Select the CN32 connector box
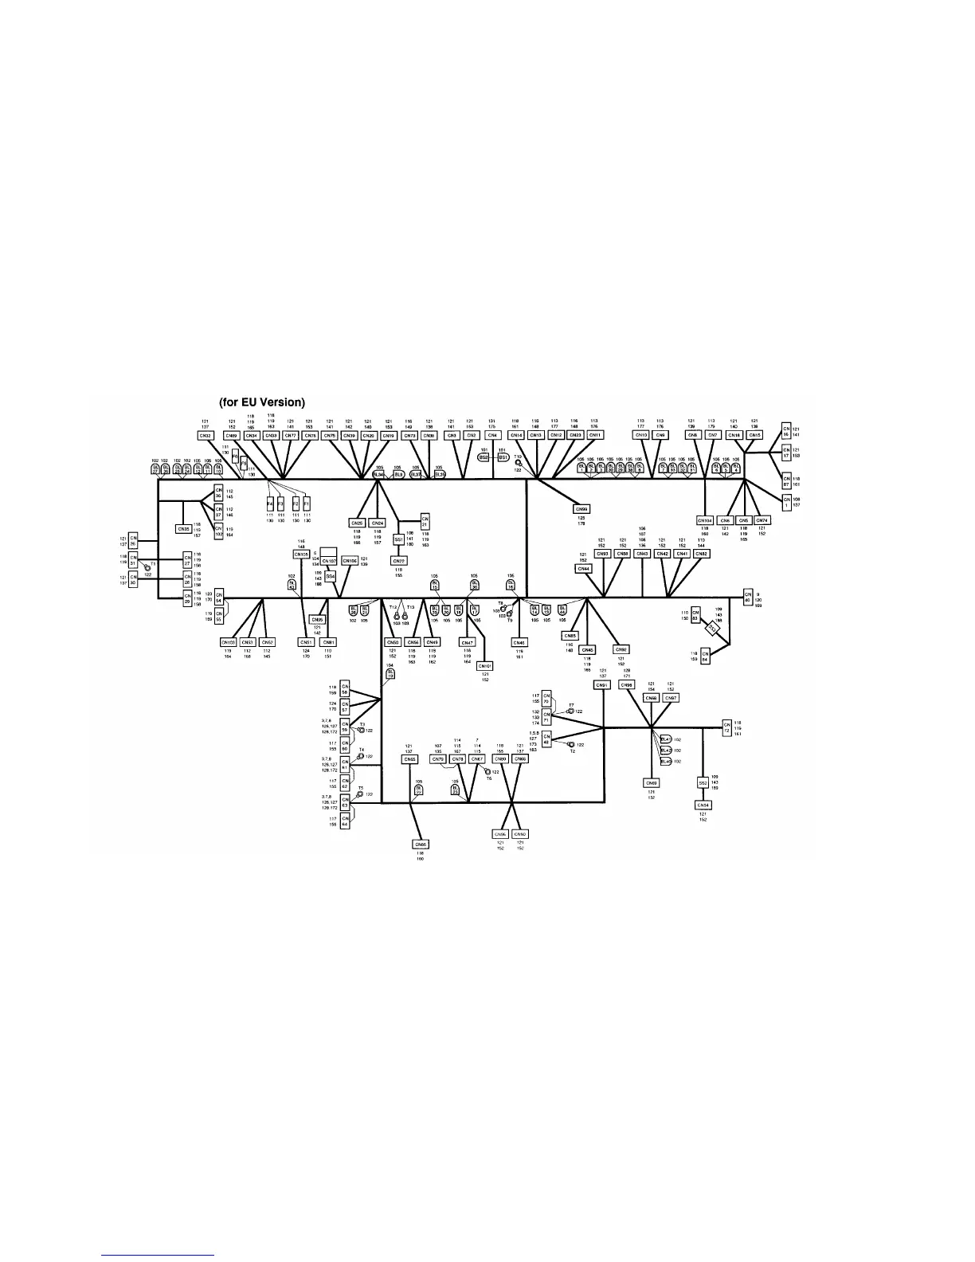point(206,436)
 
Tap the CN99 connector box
point(581,508)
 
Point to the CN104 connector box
point(704,520)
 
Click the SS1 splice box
point(398,539)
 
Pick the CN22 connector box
point(398,561)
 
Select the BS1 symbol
point(503,458)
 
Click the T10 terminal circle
point(519,462)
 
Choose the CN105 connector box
point(301,554)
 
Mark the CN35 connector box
point(184,529)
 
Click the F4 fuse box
point(270,504)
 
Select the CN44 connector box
point(584,569)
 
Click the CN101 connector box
point(485,665)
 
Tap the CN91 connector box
point(602,685)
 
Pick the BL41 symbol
point(666,739)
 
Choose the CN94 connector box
point(703,805)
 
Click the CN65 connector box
point(410,759)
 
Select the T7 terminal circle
point(570,711)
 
